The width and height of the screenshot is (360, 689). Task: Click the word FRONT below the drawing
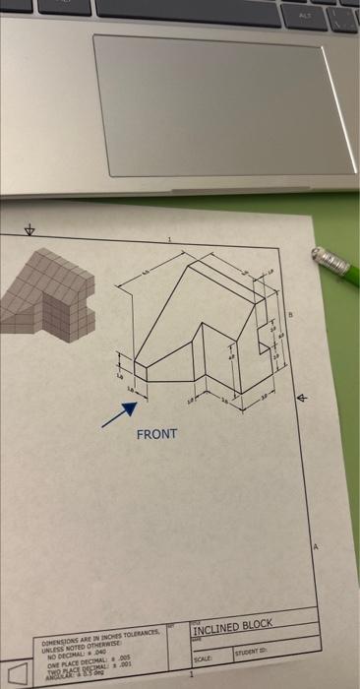tap(156, 434)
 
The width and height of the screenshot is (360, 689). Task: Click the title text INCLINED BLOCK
tap(232, 625)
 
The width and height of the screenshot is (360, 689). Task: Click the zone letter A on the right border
tap(316, 546)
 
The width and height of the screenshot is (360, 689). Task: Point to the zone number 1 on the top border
tap(168, 239)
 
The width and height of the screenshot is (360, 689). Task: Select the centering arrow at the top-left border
tap(29, 230)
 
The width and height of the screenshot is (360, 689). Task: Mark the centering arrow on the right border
tap(302, 398)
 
